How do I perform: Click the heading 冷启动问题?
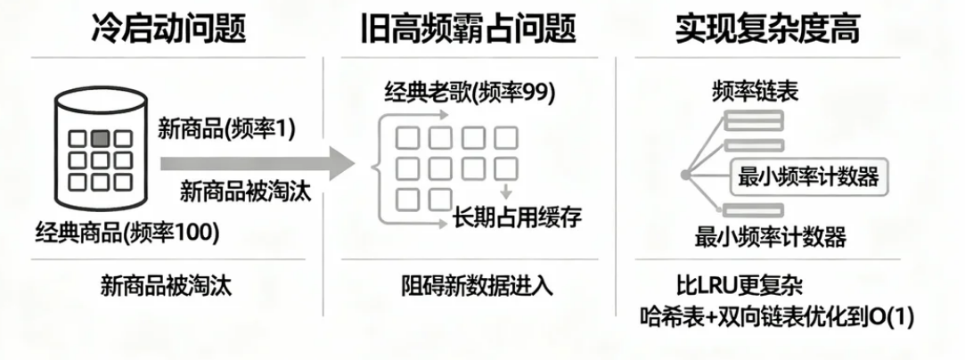(x=168, y=29)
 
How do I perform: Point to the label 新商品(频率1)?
(x=226, y=127)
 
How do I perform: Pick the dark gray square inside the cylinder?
(x=101, y=138)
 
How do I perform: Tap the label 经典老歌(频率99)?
(x=469, y=92)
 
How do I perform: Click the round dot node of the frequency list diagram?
(x=686, y=176)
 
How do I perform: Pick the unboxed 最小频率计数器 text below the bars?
(x=770, y=237)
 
